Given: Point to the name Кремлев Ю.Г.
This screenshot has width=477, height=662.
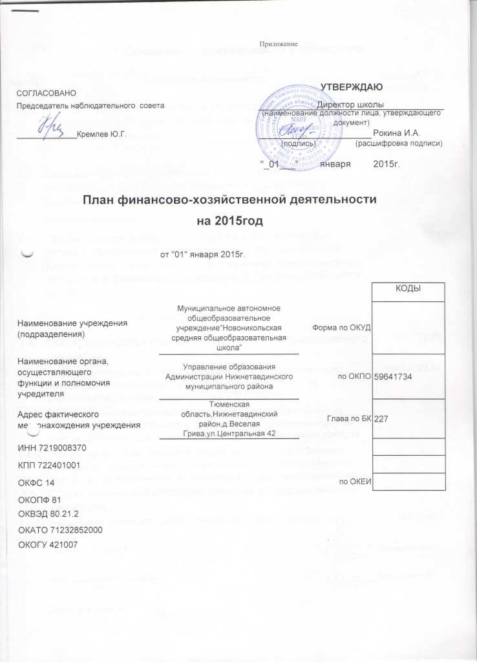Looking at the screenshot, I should (101, 134).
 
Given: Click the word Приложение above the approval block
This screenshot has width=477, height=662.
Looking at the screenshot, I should (278, 44).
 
